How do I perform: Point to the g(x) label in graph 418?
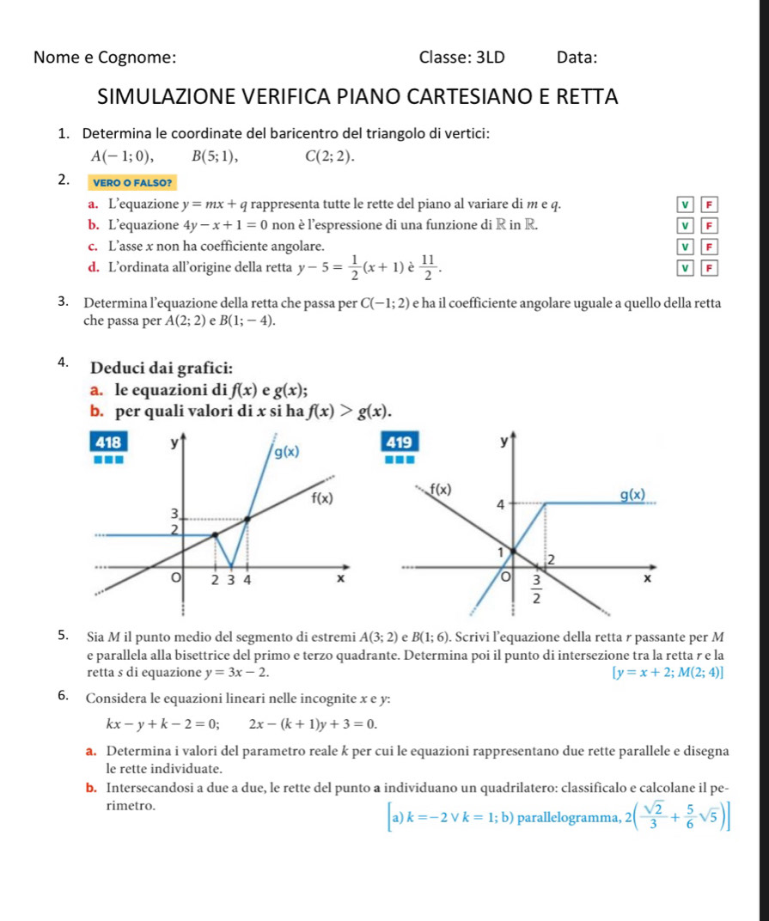tap(287, 453)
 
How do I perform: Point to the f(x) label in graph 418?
tap(321, 498)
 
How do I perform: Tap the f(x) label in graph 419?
tap(441, 491)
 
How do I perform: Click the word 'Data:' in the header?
tap(577, 58)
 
